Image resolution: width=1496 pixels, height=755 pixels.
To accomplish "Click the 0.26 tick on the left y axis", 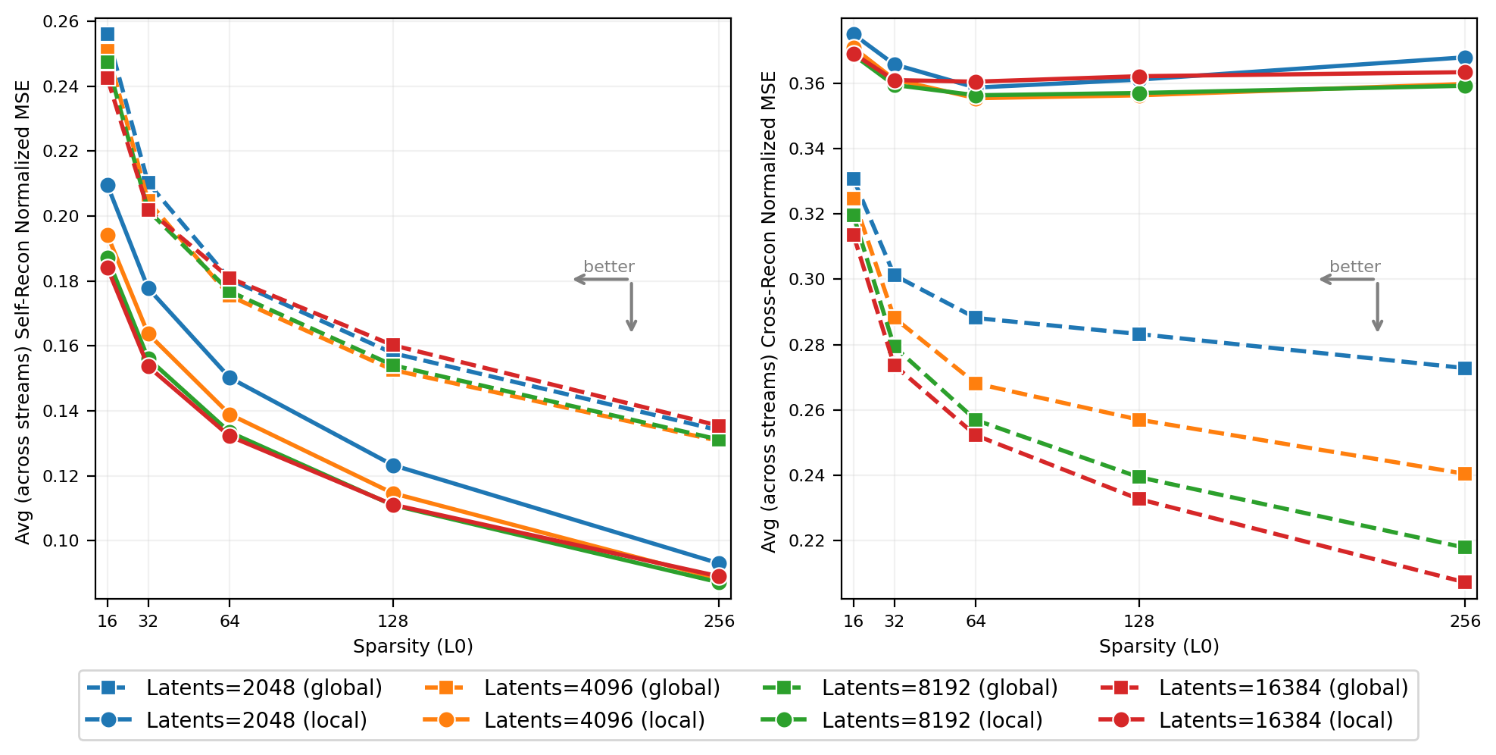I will pos(61,21).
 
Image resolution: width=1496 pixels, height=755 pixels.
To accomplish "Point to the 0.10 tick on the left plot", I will pos(61,541).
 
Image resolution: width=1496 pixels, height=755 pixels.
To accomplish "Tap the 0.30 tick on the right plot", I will pos(806,279).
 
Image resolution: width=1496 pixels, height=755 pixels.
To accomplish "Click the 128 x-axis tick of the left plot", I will pos(392,622).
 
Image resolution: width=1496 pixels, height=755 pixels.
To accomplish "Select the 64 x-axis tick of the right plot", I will pos(976,622).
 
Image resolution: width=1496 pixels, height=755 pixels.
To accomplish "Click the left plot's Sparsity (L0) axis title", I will pos(413,647).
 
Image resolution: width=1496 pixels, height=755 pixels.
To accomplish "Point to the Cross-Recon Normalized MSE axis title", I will pos(769,311).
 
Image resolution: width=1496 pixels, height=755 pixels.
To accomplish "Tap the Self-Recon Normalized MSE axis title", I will pos(23,311).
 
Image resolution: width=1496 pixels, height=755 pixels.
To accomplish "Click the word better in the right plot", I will pos(1355,267).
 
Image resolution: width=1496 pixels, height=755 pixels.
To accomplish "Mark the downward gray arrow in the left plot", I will pos(631,307).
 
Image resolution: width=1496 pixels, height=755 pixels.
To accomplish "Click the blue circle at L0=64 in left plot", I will pos(230,377).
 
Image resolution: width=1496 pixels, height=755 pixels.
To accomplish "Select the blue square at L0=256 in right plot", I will pos(1465,368).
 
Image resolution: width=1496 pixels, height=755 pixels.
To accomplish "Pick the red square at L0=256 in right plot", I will pos(1465,582).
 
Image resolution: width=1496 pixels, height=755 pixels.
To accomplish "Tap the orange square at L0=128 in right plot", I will pos(1138,420).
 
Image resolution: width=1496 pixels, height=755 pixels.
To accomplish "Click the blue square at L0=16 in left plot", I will pos(108,34).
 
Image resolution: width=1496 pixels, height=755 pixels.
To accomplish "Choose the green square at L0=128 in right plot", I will pos(1138,477).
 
